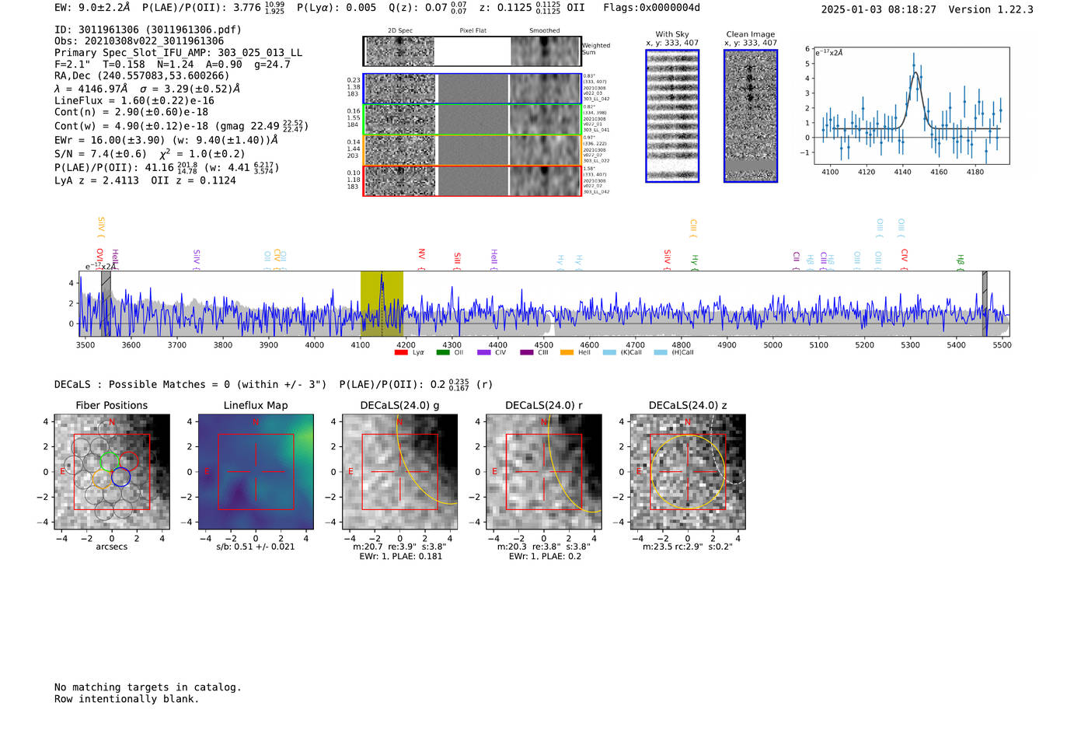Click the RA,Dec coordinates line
(x=141, y=76)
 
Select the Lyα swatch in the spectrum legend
(x=401, y=353)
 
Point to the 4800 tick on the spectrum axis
(x=681, y=344)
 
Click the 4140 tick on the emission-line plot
(x=902, y=171)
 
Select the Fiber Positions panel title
(x=111, y=405)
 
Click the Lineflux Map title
(x=255, y=405)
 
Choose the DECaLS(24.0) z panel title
(x=687, y=405)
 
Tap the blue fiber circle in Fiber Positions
(x=120, y=477)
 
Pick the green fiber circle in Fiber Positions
(x=110, y=461)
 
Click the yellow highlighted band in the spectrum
(x=382, y=303)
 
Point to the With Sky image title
(x=671, y=34)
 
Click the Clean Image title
(x=750, y=34)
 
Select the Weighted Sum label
(x=595, y=49)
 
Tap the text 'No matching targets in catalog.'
(x=148, y=687)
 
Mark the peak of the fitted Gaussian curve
(x=915, y=72)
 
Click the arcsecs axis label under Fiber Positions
(x=111, y=547)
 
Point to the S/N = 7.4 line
(x=100, y=154)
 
